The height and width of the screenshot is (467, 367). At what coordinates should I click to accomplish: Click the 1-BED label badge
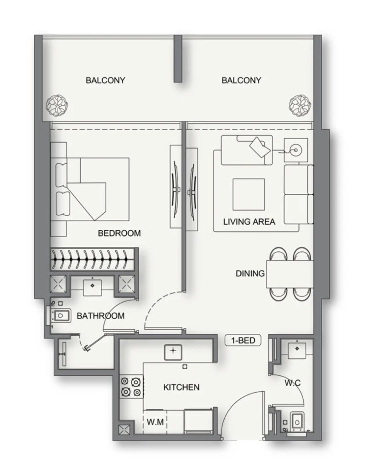(x=243, y=340)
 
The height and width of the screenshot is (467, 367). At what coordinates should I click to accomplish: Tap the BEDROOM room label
(x=119, y=233)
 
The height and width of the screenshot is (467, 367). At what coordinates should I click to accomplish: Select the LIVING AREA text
(x=249, y=222)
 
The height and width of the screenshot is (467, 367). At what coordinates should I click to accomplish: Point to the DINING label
(x=250, y=274)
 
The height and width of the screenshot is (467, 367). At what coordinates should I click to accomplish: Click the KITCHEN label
(x=181, y=387)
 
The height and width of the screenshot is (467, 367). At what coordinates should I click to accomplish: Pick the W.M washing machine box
(x=155, y=422)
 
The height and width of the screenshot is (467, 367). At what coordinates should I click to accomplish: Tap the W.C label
(x=293, y=383)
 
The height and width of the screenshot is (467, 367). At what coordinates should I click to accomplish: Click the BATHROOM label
(x=100, y=316)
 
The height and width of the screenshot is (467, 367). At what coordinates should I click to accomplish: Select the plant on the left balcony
(x=57, y=105)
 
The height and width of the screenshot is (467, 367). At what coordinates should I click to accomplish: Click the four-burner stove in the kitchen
(x=131, y=386)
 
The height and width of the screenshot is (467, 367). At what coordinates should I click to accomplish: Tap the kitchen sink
(x=173, y=351)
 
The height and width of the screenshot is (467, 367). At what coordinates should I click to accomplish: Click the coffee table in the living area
(x=248, y=194)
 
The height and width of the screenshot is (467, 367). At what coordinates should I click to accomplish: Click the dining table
(x=290, y=274)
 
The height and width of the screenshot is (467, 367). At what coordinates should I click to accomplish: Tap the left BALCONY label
(x=105, y=80)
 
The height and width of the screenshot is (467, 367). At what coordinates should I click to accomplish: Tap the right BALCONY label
(x=241, y=80)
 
